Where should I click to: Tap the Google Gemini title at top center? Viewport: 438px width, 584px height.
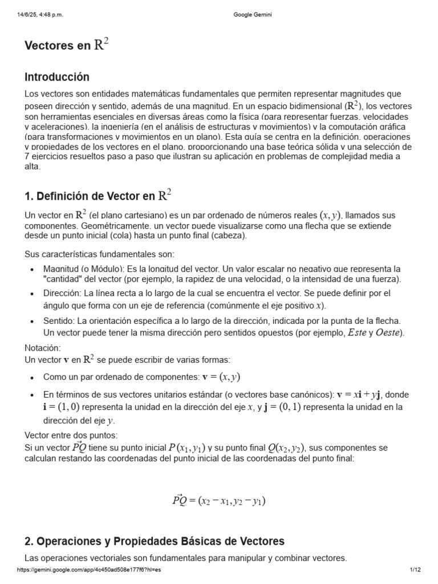coord(253,15)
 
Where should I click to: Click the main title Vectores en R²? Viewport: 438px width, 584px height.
coord(66,46)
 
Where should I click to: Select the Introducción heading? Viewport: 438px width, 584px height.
coord(57,77)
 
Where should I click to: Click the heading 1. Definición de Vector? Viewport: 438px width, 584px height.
coord(98,196)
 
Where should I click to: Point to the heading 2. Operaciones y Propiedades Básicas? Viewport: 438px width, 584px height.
coord(155,541)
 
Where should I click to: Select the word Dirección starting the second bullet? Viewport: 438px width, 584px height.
coord(62,293)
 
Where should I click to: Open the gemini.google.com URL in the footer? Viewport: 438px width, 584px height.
coord(90,570)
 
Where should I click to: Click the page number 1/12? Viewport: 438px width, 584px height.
coord(415,570)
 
